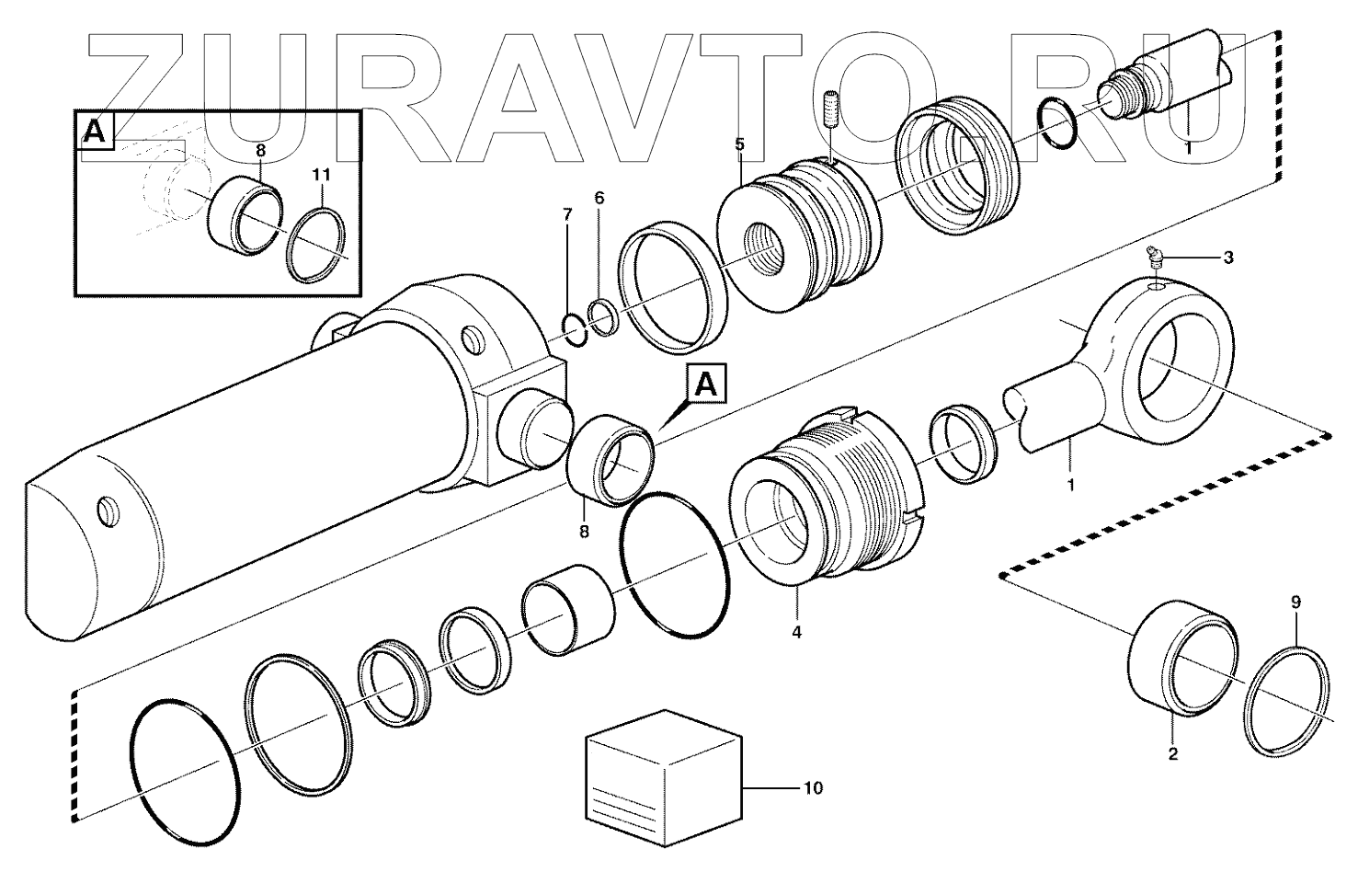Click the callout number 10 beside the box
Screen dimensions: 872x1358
coord(812,788)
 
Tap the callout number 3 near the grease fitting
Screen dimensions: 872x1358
coord(1227,258)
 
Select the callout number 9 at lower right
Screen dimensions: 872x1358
coord(1295,603)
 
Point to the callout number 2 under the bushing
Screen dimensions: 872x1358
coord(1172,755)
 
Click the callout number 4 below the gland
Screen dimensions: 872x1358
coord(797,633)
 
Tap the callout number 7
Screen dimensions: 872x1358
coord(567,215)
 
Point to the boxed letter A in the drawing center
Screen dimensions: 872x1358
coord(706,384)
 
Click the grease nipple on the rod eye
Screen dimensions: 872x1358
coord(1154,260)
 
